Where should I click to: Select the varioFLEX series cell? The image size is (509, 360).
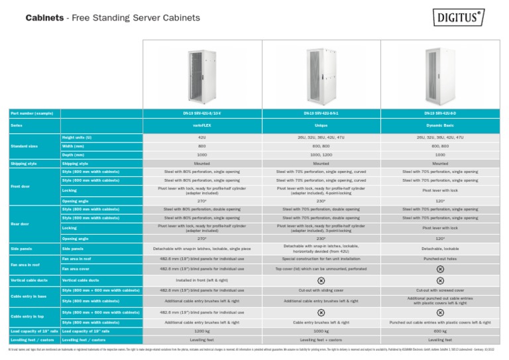click(203, 125)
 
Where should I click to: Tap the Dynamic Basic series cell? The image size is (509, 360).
click(440, 125)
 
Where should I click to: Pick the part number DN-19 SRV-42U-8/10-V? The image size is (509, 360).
click(203, 113)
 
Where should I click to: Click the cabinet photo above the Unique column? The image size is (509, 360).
click(321, 74)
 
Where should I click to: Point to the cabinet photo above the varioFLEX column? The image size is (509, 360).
click(203, 74)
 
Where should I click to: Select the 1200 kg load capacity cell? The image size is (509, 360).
click(203, 330)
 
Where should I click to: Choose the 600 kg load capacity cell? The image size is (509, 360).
click(440, 330)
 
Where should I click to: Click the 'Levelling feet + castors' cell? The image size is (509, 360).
click(321, 339)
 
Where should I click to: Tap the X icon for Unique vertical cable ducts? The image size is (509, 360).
click(321, 280)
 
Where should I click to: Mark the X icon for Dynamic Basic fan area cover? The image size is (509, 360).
click(440, 269)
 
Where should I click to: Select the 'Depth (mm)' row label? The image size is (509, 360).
click(73, 154)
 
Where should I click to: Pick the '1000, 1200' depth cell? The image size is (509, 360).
click(321, 154)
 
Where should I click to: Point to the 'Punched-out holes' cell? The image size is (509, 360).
click(440, 259)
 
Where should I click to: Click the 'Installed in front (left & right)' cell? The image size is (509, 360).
click(203, 280)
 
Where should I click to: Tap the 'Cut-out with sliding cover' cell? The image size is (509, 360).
click(321, 290)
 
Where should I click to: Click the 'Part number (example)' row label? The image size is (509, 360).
click(31, 113)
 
